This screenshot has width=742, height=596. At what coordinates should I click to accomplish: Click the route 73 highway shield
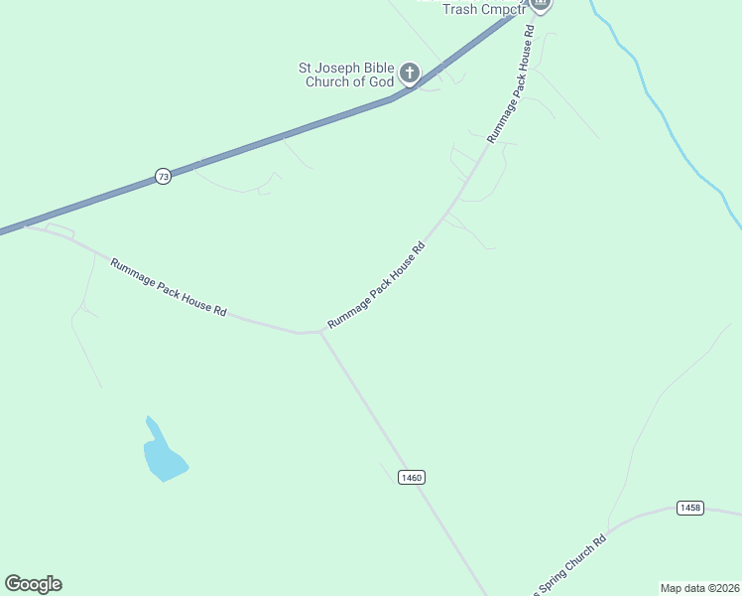[164, 176]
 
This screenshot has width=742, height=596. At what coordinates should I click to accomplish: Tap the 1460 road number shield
[412, 478]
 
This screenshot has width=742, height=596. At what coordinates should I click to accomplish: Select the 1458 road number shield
[690, 508]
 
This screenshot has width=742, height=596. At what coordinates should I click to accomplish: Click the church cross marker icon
[410, 73]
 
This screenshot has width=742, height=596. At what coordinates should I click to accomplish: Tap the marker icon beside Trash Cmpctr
[541, 4]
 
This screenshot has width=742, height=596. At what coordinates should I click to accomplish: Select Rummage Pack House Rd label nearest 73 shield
[169, 287]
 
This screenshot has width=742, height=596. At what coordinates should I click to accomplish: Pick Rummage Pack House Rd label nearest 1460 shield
[376, 286]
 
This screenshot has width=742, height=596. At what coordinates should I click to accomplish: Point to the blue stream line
[675, 139]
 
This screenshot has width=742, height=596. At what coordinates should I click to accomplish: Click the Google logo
[33, 584]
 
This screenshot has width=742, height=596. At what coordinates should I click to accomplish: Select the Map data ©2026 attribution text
[699, 587]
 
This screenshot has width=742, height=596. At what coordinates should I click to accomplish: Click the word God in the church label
[381, 81]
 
